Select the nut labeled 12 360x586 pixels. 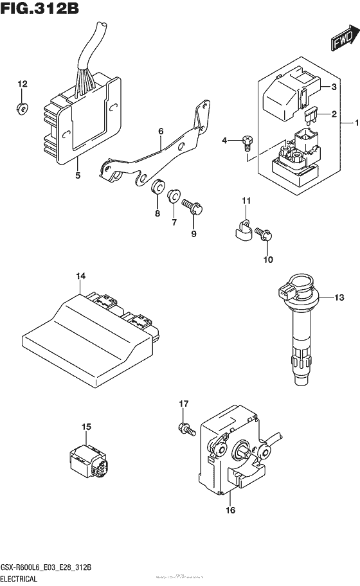pos(21,108)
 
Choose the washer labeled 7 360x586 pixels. pos(174,197)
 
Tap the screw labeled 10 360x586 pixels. pos(265,235)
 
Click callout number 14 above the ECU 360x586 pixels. pos(80,277)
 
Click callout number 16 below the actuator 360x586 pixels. pos(230,511)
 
